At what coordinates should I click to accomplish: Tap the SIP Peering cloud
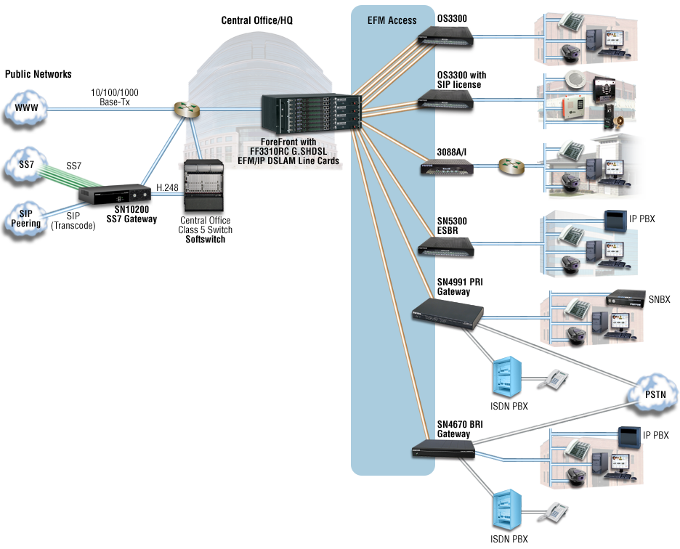click(x=26, y=220)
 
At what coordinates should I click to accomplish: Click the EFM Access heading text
click(x=392, y=20)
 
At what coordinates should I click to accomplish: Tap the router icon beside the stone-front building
click(x=511, y=168)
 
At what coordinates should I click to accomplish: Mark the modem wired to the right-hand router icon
click(x=447, y=168)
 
